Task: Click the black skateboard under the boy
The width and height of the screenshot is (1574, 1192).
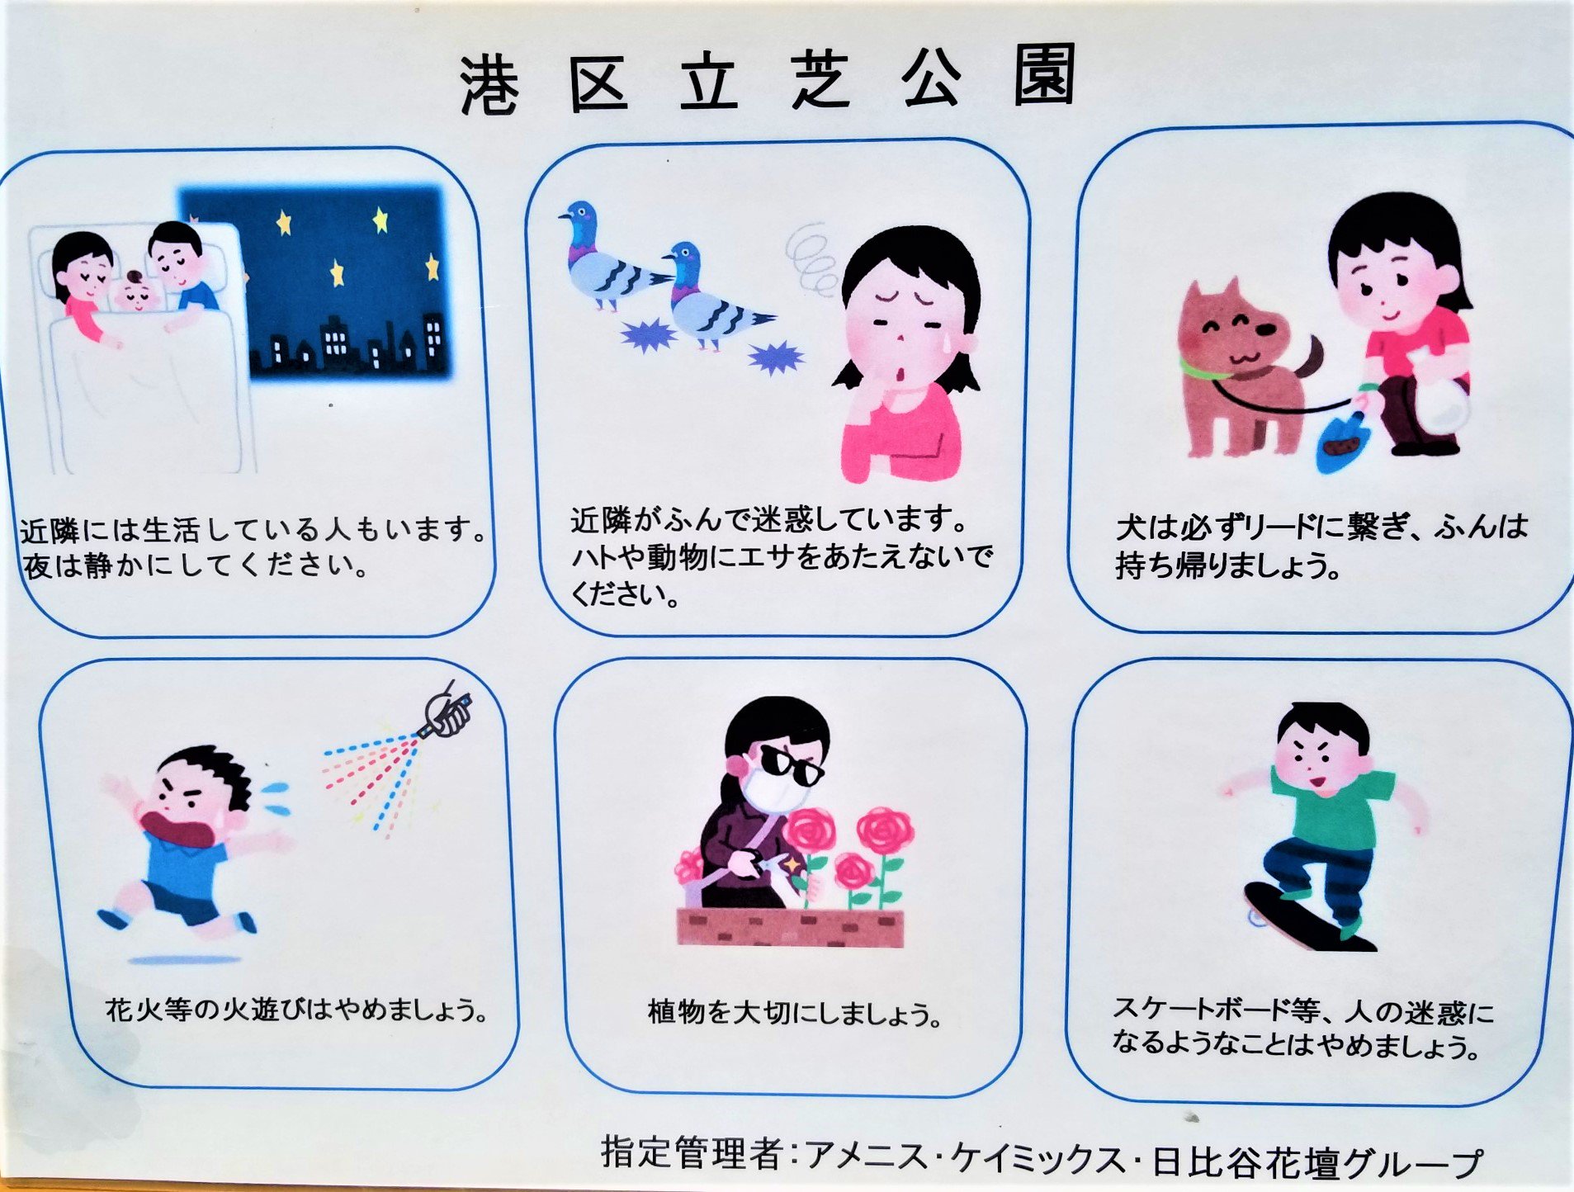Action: pos(1308,916)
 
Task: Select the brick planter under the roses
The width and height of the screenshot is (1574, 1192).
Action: pos(790,926)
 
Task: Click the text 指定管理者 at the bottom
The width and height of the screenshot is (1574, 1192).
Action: pos(692,1152)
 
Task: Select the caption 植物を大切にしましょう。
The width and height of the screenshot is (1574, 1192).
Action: pos(794,1013)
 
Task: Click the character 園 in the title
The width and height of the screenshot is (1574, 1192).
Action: pos(1044,76)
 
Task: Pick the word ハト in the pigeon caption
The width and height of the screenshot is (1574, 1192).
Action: pos(591,557)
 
